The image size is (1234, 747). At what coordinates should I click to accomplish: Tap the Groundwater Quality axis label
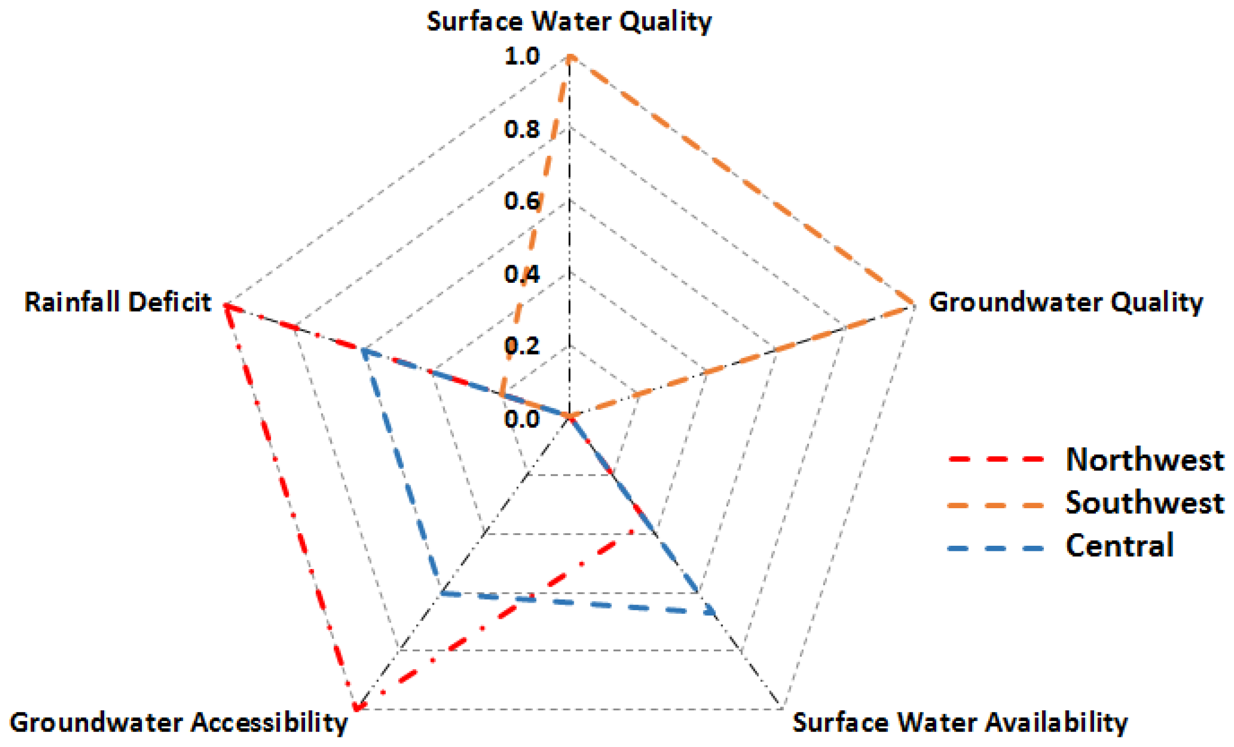tap(1066, 303)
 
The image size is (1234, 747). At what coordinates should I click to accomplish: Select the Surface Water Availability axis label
tap(960, 722)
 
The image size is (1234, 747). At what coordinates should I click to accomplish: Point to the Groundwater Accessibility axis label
tap(178, 722)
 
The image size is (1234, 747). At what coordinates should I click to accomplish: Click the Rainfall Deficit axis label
tap(118, 303)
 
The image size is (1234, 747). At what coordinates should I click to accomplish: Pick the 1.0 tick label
tap(522, 56)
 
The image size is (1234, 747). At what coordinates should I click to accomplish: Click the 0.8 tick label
tap(522, 129)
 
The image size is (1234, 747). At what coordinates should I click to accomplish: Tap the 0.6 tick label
tap(522, 201)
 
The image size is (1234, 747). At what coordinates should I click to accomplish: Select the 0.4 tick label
tap(522, 274)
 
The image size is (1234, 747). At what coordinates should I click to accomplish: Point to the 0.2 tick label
tap(522, 346)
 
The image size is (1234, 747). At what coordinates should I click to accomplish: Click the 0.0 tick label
tap(522, 419)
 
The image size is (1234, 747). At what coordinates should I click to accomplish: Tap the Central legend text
tap(1120, 546)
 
